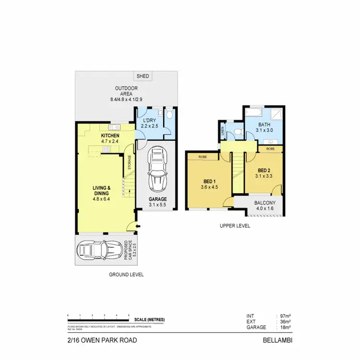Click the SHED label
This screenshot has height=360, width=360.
(143, 76)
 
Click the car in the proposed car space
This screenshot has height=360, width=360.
(100, 249)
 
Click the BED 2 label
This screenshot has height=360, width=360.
(264, 173)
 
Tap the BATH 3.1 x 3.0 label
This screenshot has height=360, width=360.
(264, 127)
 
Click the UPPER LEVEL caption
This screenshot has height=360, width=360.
(235, 226)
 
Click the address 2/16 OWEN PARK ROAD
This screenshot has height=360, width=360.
(102, 340)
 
